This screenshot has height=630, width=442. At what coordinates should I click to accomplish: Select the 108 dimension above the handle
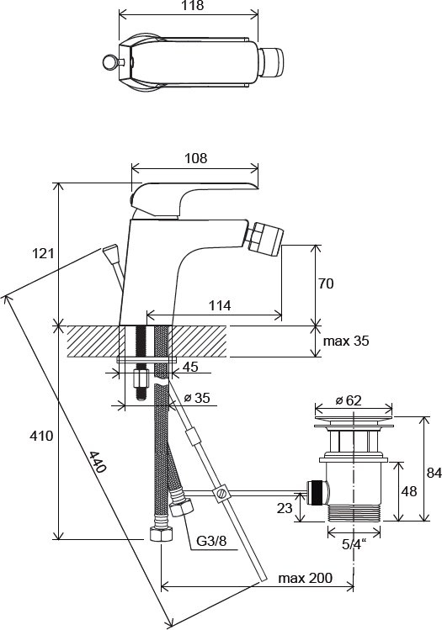point(196,158)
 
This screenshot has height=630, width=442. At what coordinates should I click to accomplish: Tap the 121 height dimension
point(42,253)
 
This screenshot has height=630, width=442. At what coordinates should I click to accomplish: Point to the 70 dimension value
point(326,283)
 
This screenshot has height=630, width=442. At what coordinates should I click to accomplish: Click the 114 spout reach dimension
point(220,305)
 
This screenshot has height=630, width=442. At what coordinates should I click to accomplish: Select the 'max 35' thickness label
point(346,341)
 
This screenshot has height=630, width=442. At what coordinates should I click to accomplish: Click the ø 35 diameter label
point(197,398)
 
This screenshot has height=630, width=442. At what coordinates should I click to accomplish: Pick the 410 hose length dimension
point(41,435)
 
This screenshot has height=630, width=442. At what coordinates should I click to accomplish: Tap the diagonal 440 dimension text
point(98,462)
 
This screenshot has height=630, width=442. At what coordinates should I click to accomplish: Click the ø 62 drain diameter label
point(349,400)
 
